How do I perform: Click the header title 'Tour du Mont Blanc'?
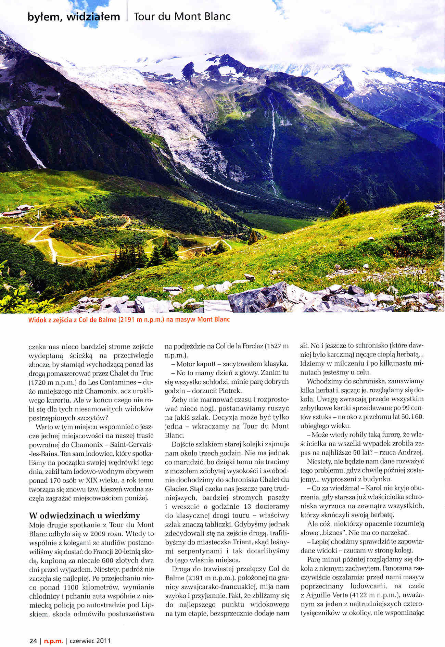182,16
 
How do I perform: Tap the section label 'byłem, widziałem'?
74,16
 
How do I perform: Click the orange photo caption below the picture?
129,320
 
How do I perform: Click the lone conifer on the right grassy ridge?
341,209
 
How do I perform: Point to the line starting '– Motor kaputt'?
226,364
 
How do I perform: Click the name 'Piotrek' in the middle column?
230,390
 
